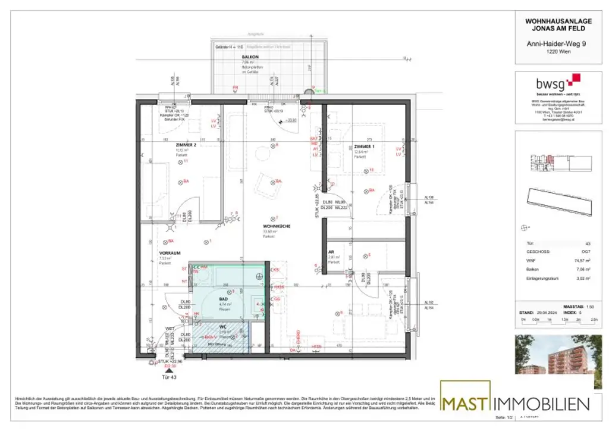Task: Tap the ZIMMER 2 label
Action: pyautogui.click(x=186, y=145)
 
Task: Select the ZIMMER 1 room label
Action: pyautogui.click(x=364, y=146)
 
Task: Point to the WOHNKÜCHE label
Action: pyautogui.click(x=275, y=226)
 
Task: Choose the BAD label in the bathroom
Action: pyautogui.click(x=224, y=299)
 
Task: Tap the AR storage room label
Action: pyautogui.click(x=331, y=252)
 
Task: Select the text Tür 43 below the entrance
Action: pyautogui.click(x=168, y=377)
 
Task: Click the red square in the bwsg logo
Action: pyautogui.click(x=575, y=79)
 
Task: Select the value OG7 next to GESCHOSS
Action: pyautogui.click(x=587, y=252)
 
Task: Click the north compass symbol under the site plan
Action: pyautogui.click(x=525, y=226)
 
